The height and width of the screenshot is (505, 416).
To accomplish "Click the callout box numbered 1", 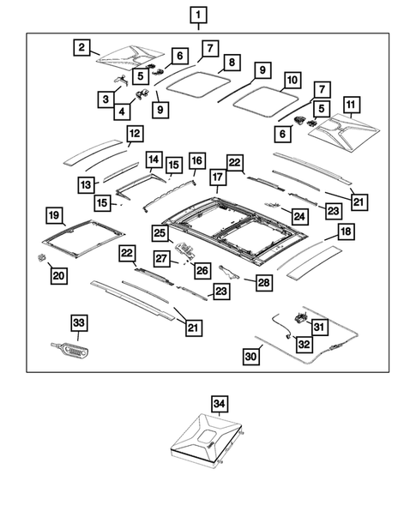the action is pos(198,15).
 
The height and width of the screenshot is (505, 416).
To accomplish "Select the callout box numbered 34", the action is pos(219,404).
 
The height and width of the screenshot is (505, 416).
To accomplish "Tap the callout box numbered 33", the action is pos(79,323).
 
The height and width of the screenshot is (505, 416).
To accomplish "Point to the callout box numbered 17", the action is pos(218,177).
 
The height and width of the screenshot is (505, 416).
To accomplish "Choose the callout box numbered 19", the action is pos(54,215).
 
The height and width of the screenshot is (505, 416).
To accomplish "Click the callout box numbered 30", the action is pos(251,357).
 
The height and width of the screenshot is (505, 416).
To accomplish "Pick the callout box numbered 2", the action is pos(81,47).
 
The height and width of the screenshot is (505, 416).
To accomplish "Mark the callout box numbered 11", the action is pos(351,105).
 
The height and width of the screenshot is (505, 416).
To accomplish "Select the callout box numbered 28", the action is pos(264,282).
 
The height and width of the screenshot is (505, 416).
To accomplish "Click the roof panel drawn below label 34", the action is pos(206,440).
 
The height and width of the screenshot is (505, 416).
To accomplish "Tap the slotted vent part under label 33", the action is pos(71,350).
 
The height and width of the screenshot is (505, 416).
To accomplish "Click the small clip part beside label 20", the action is pos(41,257).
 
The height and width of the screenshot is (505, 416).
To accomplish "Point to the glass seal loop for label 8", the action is pos(199,84).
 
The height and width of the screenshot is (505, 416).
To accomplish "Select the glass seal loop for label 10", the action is pos(265,101).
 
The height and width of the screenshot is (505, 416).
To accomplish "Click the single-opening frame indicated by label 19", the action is pos(83,238).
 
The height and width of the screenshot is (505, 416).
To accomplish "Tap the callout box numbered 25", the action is pos(160,233).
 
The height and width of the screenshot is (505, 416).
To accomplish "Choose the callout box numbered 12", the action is pos(135,134).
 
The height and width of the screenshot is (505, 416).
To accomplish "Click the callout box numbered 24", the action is pos(299,216).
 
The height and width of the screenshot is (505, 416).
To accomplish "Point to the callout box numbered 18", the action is pos(346,231).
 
